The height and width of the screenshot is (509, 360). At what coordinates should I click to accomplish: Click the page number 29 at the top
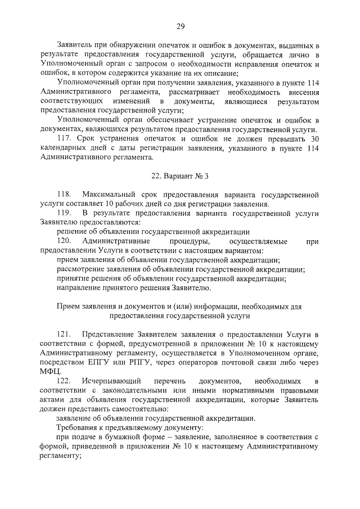coord(180,26)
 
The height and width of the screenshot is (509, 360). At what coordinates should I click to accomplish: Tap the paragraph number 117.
coord(67,138)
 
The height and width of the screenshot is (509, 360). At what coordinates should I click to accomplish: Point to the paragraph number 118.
coord(66,194)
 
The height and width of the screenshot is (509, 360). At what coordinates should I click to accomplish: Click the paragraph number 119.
coord(66,213)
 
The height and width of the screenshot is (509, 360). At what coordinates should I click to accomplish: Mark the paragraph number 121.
coord(66,334)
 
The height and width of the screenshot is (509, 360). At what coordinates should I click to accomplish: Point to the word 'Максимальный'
coord(108,194)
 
